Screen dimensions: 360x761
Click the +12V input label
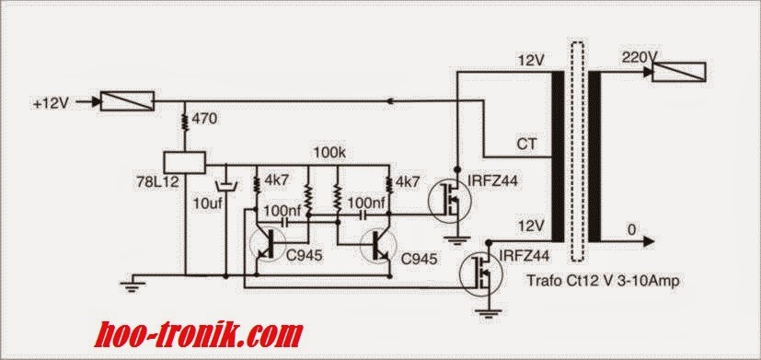51,103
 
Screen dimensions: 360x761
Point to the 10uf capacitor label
211,201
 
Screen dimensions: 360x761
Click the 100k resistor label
329,150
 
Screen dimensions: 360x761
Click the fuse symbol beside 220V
679,72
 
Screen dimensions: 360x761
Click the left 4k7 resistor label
276,180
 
